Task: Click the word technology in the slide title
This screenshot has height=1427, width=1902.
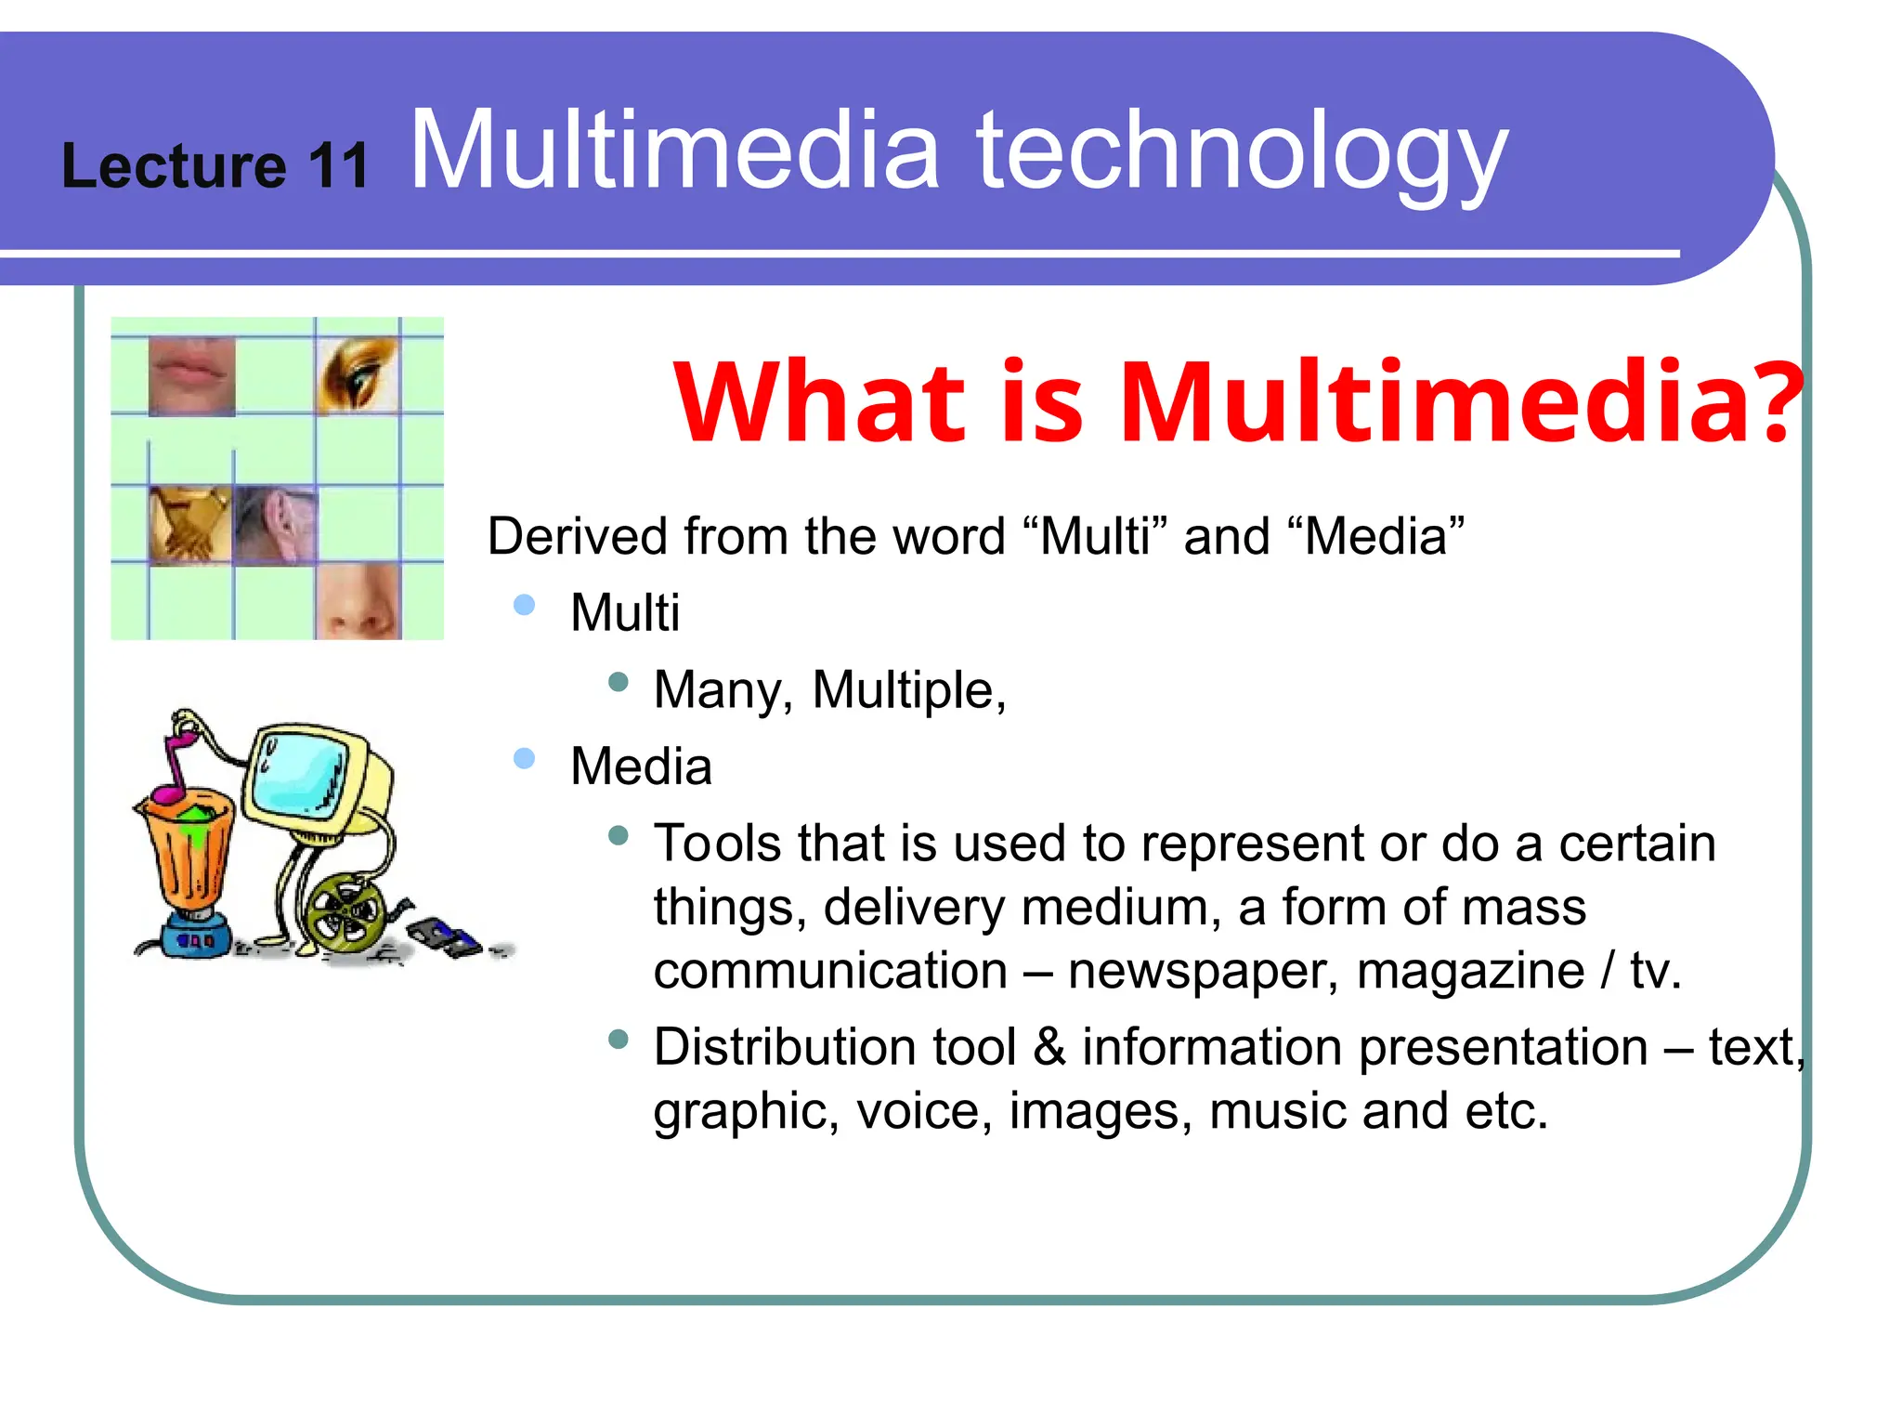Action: pyautogui.click(x=1241, y=153)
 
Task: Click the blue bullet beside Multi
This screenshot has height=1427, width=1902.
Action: pyautogui.click(x=524, y=606)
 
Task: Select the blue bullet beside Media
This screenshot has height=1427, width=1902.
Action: pyautogui.click(x=524, y=759)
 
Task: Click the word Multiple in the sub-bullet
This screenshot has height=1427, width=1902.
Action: pyautogui.click(x=908, y=691)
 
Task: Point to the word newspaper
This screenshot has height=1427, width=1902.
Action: pyautogui.click(x=1203, y=972)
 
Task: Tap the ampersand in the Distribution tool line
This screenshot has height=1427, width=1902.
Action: pyautogui.click(x=1049, y=1047)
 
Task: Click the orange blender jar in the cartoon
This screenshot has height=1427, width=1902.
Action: pyautogui.click(x=189, y=850)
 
